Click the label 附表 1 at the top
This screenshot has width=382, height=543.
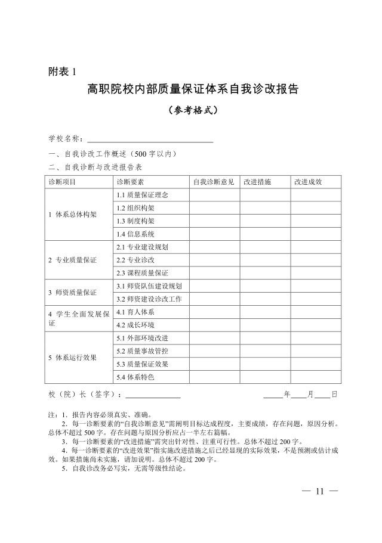[x=63, y=72]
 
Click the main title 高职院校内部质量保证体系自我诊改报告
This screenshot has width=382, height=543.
[x=192, y=90]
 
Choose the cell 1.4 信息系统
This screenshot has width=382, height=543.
[x=135, y=234]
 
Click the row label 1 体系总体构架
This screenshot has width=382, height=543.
[x=72, y=215]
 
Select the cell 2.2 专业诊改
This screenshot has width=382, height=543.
[x=135, y=260]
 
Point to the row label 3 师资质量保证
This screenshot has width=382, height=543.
[x=72, y=293]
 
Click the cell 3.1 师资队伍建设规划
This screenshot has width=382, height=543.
[x=149, y=286]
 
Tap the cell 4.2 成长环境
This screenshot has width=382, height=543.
[x=135, y=325]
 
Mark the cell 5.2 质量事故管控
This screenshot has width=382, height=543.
[x=143, y=350]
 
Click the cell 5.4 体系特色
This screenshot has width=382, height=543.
[x=135, y=377]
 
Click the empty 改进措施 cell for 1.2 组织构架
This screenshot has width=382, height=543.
[x=265, y=208]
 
